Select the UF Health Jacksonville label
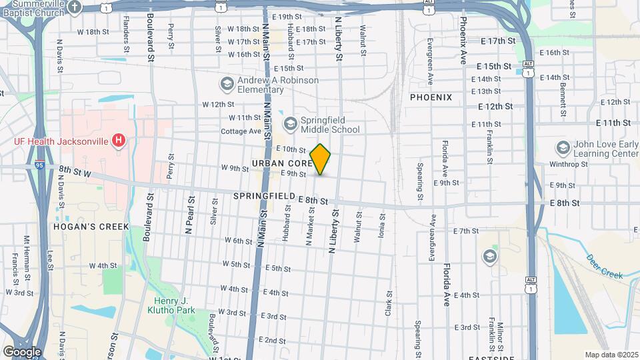pos(63,141)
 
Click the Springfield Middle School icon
pos(290,123)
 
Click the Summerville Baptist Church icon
pos(75,7)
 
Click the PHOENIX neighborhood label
pos(431,97)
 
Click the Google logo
pos(22,351)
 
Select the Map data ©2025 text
pos(611,355)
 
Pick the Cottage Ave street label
pos(241,131)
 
